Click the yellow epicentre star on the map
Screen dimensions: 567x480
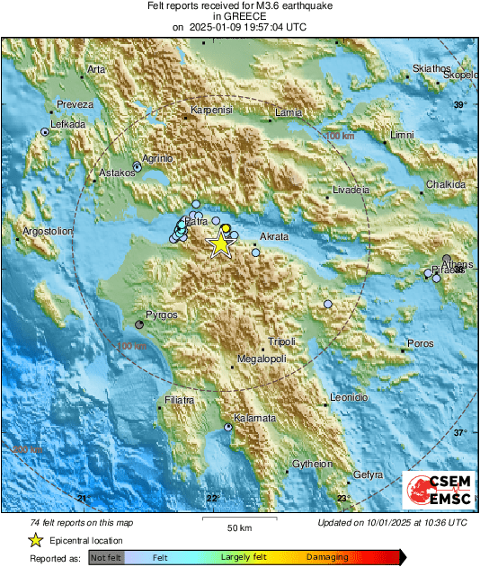[x=219, y=244]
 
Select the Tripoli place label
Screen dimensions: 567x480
[x=281, y=342]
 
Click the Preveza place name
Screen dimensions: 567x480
[x=75, y=104]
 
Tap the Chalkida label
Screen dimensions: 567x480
[x=446, y=183]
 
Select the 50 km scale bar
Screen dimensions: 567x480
[x=238, y=521]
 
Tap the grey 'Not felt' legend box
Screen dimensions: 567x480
[x=104, y=557]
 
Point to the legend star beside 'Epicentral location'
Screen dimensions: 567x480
[x=35, y=540]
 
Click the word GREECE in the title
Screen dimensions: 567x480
[x=239, y=16]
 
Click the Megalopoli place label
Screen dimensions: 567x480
[x=261, y=359]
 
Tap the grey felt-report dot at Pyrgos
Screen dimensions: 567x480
[x=139, y=323]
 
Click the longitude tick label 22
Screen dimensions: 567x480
[x=212, y=498]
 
